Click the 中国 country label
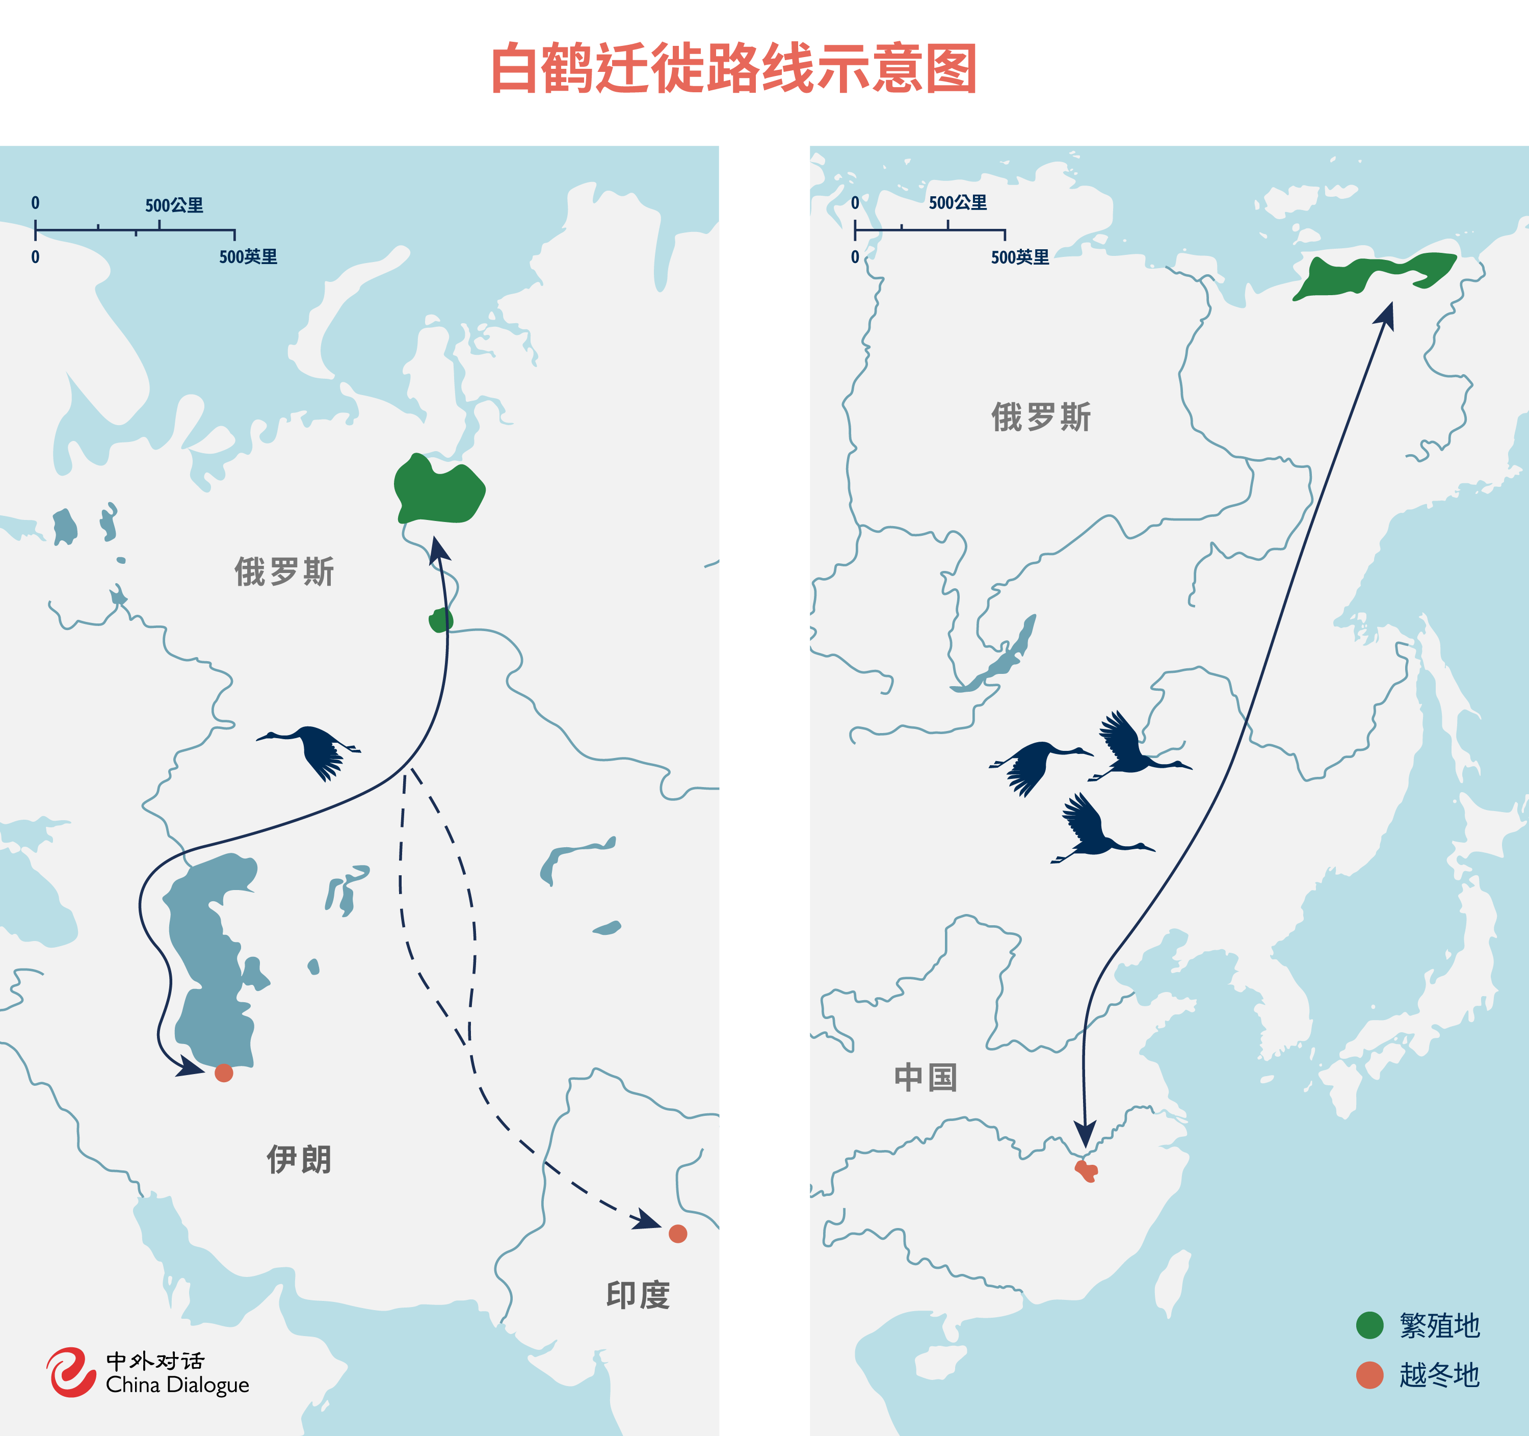coord(925,1078)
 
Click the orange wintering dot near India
coord(677,1234)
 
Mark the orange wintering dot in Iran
coord(224,1073)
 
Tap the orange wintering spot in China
coord(1086,1170)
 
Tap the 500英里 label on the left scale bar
coord(248,257)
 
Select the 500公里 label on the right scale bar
coord(958,203)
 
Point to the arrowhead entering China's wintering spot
coord(1085,1133)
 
